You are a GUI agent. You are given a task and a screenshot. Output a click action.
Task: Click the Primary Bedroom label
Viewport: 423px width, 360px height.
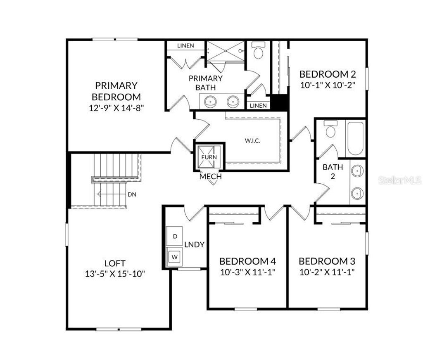[x=116, y=91]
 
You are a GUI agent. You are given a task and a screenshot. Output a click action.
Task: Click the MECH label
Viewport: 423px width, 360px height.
[x=211, y=177]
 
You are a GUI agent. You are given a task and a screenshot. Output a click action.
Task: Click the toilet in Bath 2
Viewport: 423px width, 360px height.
[x=330, y=129]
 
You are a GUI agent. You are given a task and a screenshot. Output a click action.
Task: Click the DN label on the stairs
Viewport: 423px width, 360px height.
[x=132, y=194]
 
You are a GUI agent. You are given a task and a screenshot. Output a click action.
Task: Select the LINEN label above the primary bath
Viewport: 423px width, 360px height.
[x=185, y=45]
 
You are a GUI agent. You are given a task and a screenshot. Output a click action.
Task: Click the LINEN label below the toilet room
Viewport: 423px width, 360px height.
[x=259, y=106]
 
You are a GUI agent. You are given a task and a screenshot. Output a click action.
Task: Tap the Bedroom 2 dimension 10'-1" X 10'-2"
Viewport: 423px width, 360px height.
[x=328, y=85]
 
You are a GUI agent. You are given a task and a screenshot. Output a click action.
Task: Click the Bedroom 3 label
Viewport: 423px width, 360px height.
[x=327, y=261]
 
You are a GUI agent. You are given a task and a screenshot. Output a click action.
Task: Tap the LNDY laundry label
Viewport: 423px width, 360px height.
[x=194, y=244]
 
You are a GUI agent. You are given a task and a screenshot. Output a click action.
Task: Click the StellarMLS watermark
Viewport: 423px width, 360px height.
[x=400, y=180]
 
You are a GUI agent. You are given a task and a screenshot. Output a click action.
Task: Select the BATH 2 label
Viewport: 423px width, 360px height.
[x=333, y=171]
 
